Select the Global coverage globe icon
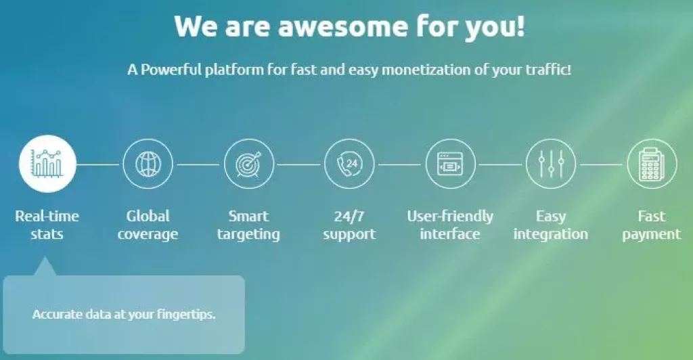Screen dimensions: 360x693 pyautogui.click(x=148, y=164)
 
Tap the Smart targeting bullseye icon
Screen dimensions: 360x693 pyautogui.click(x=248, y=164)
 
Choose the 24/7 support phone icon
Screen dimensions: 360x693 pyautogui.click(x=349, y=164)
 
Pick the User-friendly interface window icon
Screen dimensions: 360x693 pyautogui.click(x=450, y=164)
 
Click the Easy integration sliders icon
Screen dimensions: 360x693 pyautogui.click(x=551, y=164)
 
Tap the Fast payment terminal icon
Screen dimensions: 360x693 pyautogui.click(x=652, y=164)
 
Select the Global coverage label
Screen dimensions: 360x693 pyautogui.click(x=148, y=225)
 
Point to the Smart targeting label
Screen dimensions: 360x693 pyautogui.click(x=248, y=225)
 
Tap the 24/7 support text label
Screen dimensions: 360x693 pyautogui.click(x=349, y=225)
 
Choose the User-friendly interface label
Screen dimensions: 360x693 pyautogui.click(x=450, y=225)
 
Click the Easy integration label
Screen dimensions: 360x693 pyautogui.click(x=551, y=225)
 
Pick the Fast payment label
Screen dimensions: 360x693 pyautogui.click(x=652, y=225)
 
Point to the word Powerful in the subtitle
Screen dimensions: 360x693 pyautogui.click(x=170, y=70)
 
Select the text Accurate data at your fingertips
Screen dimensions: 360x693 pyautogui.click(x=124, y=315)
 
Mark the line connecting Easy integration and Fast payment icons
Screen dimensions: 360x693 pyautogui.click(x=601, y=164)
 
